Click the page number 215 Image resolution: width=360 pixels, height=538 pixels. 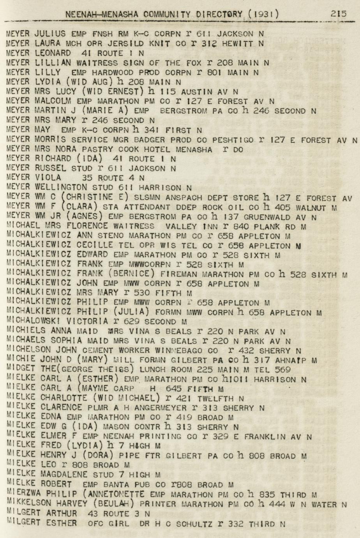[338, 14]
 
